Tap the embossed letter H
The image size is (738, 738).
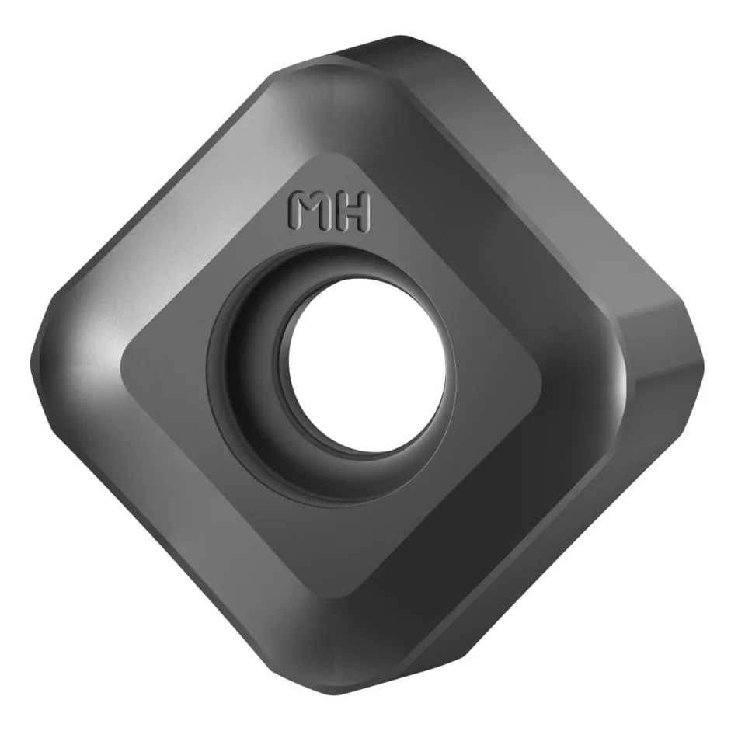(352, 213)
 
